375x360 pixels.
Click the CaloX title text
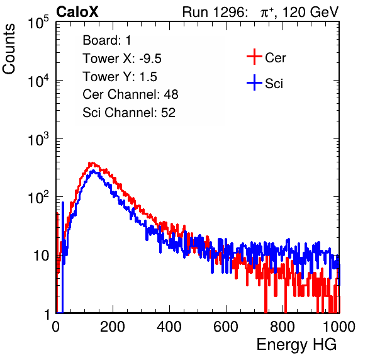[x=77, y=12]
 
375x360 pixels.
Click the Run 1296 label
[x=215, y=12]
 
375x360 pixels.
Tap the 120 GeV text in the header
[x=311, y=12]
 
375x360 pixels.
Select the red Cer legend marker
[x=254, y=57]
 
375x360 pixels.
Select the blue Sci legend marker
[x=254, y=83]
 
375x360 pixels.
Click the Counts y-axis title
[x=9, y=49]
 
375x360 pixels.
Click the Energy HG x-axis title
[x=296, y=345]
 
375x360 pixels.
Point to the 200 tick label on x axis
[x=113, y=327]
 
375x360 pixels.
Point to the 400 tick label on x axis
[x=169, y=327]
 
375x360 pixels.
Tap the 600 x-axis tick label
[x=226, y=327]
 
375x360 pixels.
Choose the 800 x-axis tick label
[x=283, y=327]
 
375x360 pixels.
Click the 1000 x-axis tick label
[x=339, y=327]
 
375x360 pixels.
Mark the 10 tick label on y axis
[x=42, y=256]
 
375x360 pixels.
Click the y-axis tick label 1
[x=47, y=314]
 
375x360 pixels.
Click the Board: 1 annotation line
[x=107, y=40]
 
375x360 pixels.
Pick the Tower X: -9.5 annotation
[x=122, y=59]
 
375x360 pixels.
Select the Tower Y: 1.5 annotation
[x=120, y=77]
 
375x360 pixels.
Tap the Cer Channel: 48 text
[x=130, y=94]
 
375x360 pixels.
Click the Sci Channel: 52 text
[x=129, y=113]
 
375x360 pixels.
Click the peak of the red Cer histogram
[x=91, y=163]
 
